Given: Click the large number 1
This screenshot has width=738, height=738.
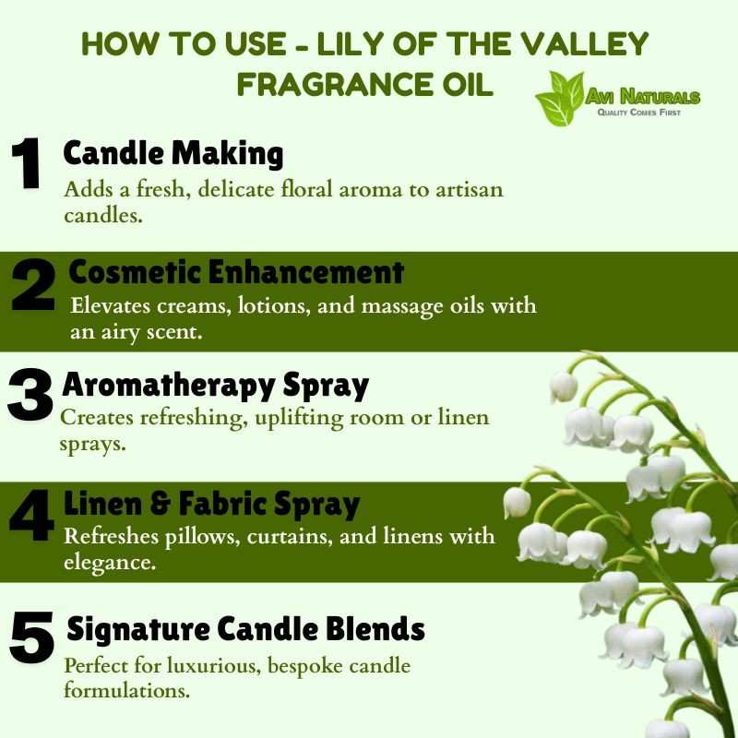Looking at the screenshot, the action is [27, 163].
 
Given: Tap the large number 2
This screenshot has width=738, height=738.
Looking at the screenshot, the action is [33, 284].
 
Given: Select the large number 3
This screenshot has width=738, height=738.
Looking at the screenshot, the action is [30, 395].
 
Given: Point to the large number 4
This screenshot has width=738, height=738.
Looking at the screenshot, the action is [31, 515].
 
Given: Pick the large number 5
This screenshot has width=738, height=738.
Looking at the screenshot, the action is [31, 637].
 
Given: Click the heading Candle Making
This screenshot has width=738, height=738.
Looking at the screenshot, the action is [173, 154].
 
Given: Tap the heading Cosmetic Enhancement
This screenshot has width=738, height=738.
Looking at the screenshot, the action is [236, 272].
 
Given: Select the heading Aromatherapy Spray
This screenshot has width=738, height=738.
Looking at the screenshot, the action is [216, 386].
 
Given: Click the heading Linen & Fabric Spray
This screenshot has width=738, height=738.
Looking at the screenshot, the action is [212, 505].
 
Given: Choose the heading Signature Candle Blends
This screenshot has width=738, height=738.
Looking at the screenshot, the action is [245, 629].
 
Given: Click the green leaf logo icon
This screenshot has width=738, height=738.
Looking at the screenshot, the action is [560, 99].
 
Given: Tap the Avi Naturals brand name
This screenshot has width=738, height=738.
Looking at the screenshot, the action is [643, 97].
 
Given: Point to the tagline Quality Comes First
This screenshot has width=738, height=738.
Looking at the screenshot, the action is [639, 113].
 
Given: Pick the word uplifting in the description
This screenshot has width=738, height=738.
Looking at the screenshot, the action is [299, 419].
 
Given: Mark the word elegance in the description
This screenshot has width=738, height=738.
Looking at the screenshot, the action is [110, 563].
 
